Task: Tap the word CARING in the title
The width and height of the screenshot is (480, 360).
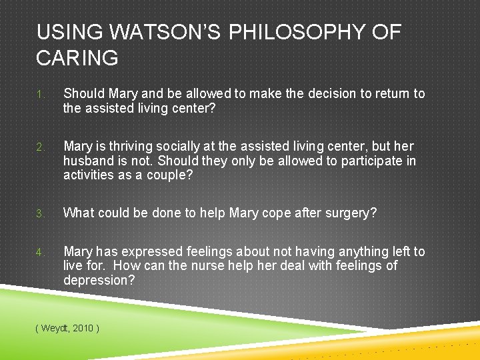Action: (x=77, y=58)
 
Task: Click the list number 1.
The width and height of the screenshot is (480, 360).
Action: (x=41, y=95)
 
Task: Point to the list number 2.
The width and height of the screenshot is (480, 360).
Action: (x=41, y=147)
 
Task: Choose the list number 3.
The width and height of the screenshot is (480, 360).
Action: (x=41, y=214)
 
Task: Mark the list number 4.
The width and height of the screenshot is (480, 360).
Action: (x=41, y=253)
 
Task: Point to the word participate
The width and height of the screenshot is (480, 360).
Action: (x=369, y=161)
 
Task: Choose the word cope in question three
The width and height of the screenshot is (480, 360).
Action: (x=267, y=213)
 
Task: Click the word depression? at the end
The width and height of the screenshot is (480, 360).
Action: (x=98, y=281)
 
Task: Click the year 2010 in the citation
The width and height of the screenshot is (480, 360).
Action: (x=84, y=328)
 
